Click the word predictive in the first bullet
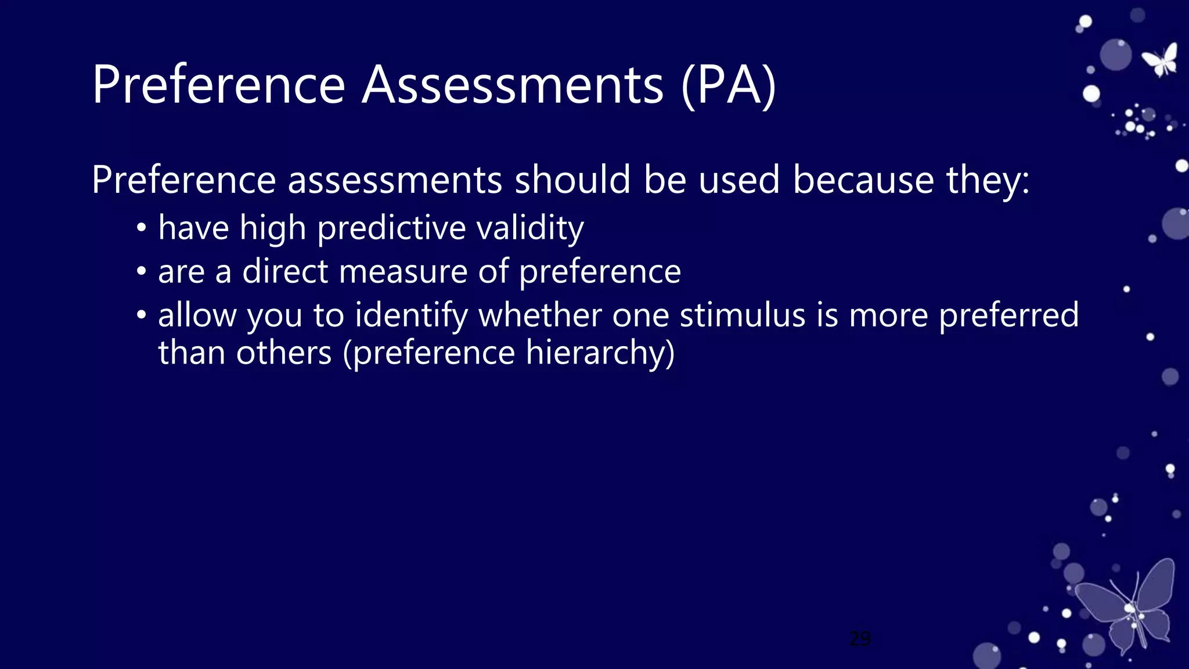391,228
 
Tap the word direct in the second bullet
285,271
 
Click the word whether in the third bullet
539,315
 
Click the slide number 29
860,639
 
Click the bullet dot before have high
142,228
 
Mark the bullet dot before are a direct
142,272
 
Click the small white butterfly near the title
1161,60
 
